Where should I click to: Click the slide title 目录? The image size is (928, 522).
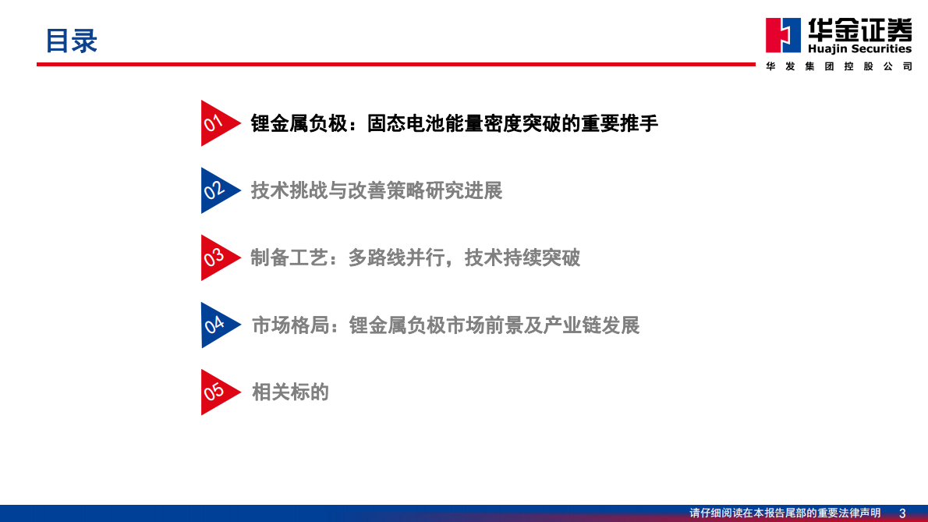[x=71, y=41]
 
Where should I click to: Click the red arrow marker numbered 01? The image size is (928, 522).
[x=216, y=123]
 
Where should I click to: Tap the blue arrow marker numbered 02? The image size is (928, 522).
[x=216, y=190]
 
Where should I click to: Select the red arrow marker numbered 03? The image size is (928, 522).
[x=216, y=257]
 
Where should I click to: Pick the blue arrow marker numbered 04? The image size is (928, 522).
[x=216, y=325]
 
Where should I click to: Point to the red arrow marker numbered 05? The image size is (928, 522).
[x=216, y=392]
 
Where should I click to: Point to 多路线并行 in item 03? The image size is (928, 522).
[x=396, y=257]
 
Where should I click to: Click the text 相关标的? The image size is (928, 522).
[x=290, y=392]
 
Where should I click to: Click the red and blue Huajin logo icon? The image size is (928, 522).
[x=782, y=36]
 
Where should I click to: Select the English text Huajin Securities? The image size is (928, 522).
[x=859, y=48]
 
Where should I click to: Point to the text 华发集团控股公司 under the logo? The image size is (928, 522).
[x=839, y=67]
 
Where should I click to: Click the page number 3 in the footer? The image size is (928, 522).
[x=902, y=513]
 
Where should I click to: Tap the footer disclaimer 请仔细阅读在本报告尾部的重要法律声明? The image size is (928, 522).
[x=785, y=513]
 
